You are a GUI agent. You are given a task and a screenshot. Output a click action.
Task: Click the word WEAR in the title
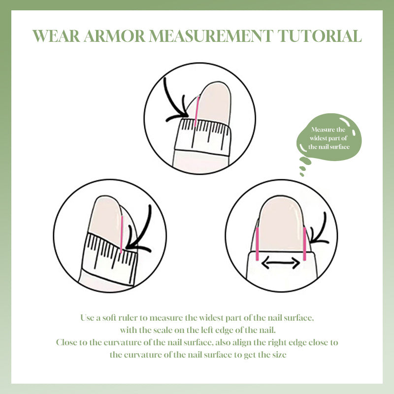tap(56, 36)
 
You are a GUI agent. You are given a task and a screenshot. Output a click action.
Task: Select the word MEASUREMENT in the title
tap(211, 36)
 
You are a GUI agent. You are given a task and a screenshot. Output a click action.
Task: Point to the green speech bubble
tap(328, 138)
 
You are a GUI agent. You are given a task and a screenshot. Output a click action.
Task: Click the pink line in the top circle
tap(197, 111)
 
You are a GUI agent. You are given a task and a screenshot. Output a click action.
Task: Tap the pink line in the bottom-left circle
tap(121, 234)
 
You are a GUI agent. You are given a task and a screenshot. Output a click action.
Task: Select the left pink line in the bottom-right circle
tap(257, 244)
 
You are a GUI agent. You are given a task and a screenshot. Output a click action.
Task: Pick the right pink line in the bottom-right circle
tap(304, 244)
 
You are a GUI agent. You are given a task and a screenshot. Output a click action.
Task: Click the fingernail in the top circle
tap(214, 103)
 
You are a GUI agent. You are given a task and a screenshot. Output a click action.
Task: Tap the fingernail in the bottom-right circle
tap(281, 226)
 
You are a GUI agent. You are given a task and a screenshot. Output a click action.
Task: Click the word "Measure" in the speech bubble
tap(323, 130)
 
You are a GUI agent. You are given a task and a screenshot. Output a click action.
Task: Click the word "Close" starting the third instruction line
tap(66, 342)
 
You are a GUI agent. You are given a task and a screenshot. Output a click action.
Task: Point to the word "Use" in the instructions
tap(87, 318)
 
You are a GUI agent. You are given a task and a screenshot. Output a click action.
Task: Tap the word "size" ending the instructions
tap(279, 355)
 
